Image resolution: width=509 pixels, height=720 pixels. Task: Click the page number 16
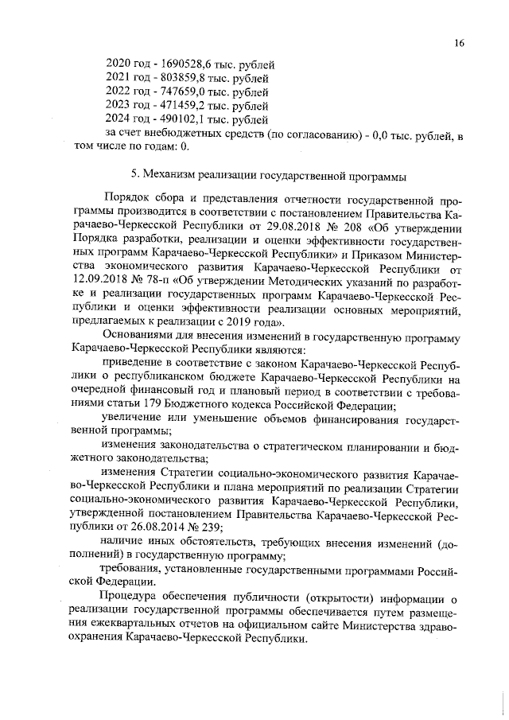pyautogui.click(x=460, y=42)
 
